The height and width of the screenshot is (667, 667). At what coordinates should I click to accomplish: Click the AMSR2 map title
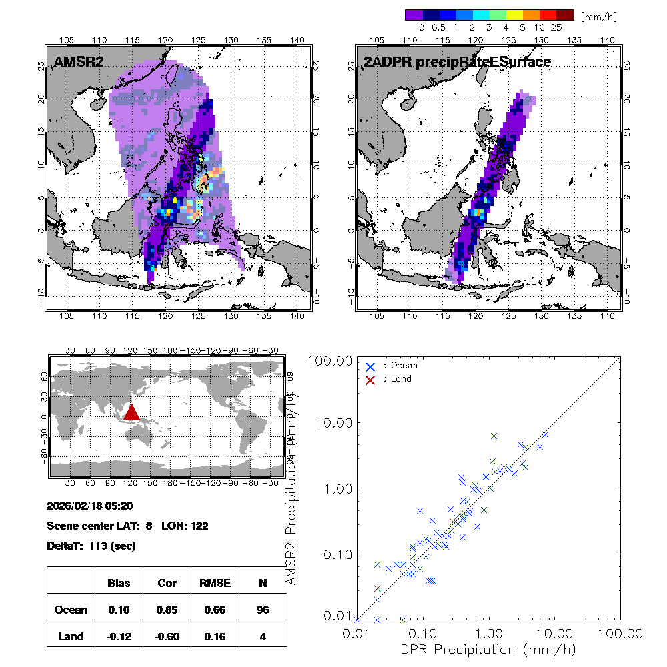coord(79,62)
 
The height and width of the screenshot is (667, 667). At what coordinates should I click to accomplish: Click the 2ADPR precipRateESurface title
coord(457,62)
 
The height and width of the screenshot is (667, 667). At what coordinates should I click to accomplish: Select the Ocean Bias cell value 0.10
coord(119,610)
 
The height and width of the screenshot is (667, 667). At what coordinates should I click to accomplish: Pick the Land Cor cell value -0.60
coord(167,636)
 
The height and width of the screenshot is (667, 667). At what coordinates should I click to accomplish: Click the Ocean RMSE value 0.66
coord(214,610)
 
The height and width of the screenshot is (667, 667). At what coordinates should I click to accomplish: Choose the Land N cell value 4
coord(263,636)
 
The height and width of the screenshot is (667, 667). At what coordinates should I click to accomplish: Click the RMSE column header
coord(214,583)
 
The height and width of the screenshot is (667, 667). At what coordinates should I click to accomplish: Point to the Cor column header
coord(167,583)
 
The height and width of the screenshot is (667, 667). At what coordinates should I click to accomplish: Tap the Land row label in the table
coord(71,636)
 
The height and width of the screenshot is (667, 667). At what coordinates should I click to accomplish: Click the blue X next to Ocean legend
coord(370,366)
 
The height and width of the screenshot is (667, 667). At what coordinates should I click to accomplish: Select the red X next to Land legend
coord(370,379)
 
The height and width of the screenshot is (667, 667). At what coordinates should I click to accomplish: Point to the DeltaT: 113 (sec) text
coord(91,546)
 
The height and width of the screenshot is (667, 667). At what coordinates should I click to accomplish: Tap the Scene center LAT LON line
coord(127,526)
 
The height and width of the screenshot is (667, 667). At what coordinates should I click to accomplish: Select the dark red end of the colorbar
coord(565,15)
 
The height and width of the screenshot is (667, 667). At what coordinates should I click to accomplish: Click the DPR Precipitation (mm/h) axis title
coord(489,649)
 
